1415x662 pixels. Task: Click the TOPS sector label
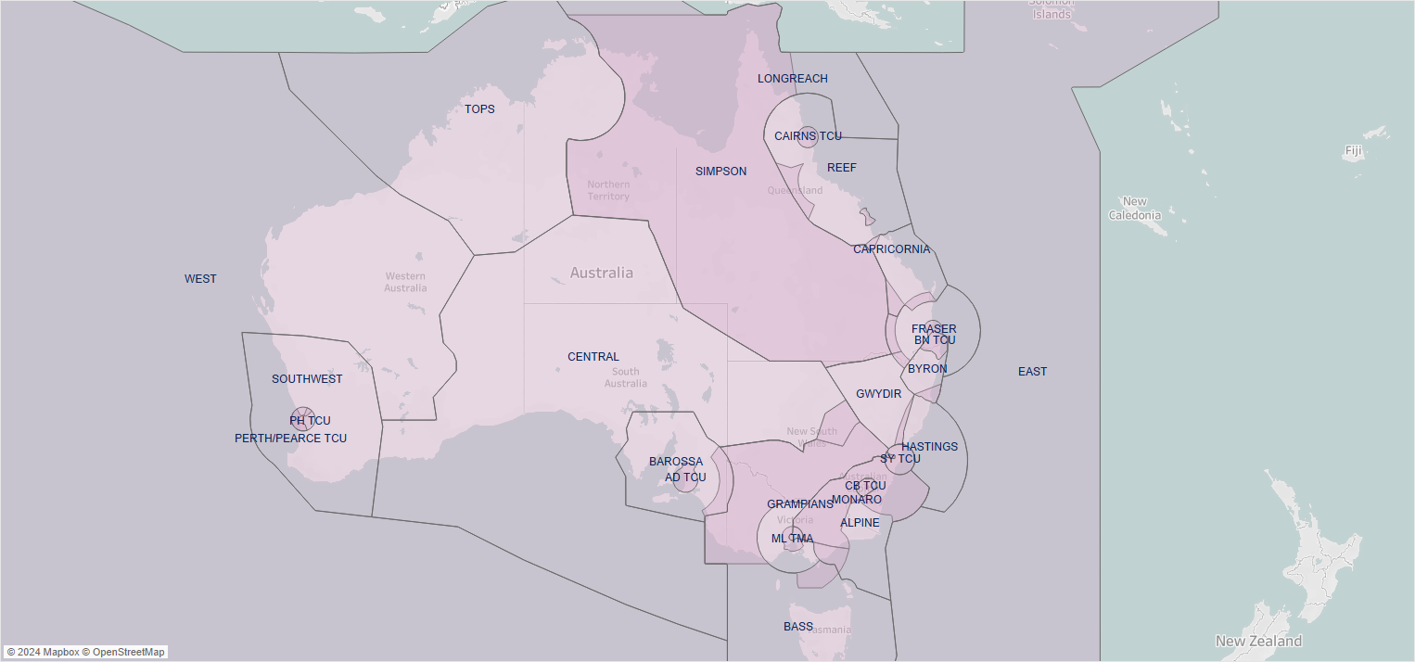(479, 109)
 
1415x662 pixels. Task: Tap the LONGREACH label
(792, 79)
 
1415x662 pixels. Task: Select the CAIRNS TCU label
(808, 136)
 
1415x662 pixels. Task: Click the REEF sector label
(842, 168)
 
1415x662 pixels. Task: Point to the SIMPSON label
(720, 172)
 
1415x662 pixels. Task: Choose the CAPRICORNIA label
(891, 249)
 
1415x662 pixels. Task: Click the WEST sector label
(200, 279)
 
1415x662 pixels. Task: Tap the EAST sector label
(1032, 372)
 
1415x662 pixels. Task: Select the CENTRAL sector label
(593, 357)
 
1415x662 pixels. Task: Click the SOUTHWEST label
(307, 379)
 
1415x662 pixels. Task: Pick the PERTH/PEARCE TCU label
(290, 439)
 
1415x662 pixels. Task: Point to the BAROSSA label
(675, 462)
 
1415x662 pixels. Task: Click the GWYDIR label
(878, 394)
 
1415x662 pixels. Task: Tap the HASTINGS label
(929, 447)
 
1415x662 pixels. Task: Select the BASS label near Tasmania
(797, 627)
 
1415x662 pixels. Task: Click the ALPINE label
(860, 523)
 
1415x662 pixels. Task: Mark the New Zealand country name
(1258, 642)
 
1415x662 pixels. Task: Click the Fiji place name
(1354, 150)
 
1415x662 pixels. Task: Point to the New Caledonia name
(1135, 209)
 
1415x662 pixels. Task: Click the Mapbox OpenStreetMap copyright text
(85, 652)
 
